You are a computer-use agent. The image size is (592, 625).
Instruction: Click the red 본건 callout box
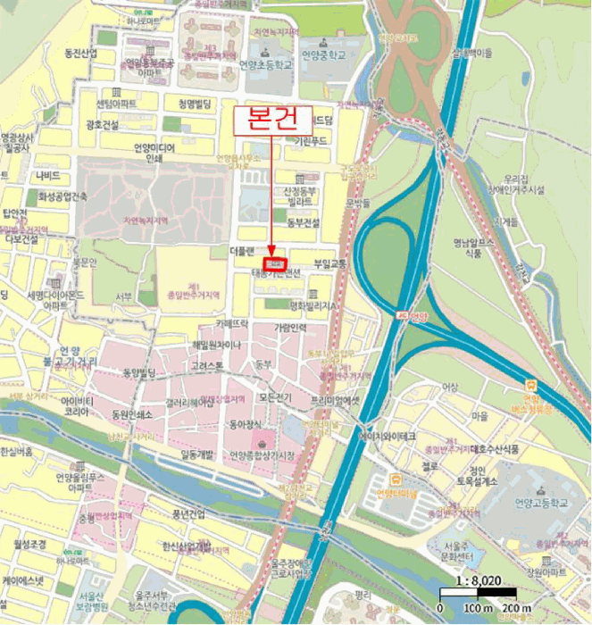pyautogui.click(x=275, y=120)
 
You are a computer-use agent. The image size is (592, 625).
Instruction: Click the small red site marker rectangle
pyautogui.click(x=277, y=264)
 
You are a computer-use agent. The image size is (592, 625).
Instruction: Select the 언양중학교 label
pyautogui.click(x=323, y=54)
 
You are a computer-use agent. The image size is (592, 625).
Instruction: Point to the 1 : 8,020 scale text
pyautogui.click(x=478, y=579)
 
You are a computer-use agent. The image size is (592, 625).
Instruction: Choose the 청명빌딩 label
pyautogui.click(x=197, y=103)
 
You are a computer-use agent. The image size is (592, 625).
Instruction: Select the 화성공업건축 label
pyautogui.click(x=63, y=196)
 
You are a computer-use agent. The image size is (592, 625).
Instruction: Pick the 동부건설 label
pyautogui.click(x=301, y=221)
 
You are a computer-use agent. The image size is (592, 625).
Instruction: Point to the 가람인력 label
pyautogui.click(x=290, y=328)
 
